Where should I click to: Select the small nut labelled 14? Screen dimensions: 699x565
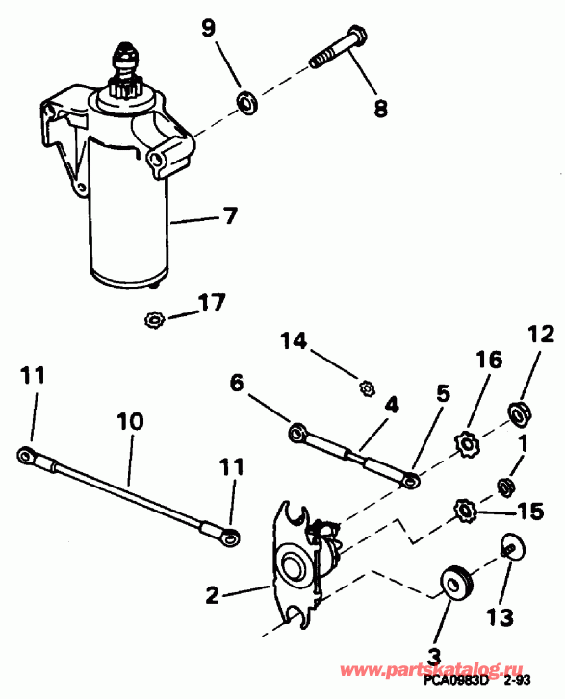point(365,388)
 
